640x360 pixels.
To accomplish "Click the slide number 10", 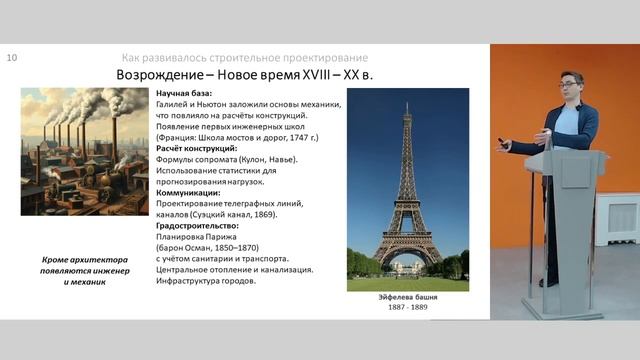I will pos(12,58).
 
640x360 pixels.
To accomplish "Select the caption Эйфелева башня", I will pos(407,297).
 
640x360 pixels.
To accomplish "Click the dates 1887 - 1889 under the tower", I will pos(407,307).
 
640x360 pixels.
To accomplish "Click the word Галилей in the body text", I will pos(176,104).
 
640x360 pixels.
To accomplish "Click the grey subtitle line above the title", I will pos(244,58).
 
